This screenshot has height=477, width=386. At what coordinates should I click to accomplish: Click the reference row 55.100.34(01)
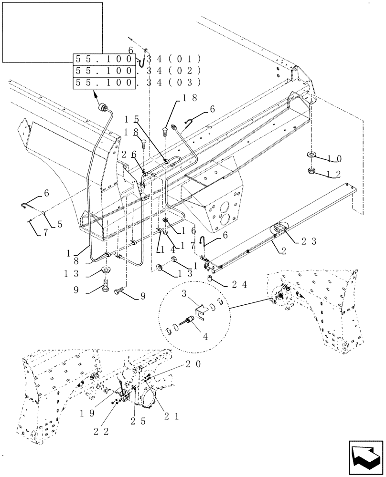(137, 60)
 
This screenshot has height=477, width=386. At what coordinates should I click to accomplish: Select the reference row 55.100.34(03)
(137, 83)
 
